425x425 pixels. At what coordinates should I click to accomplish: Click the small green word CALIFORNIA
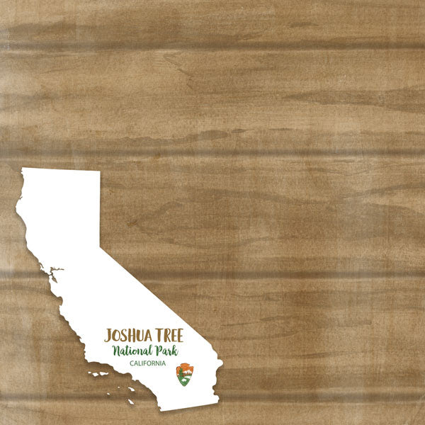click(x=148, y=363)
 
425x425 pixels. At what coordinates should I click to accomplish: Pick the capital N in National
click(x=118, y=351)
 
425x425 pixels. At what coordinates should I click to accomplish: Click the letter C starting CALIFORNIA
click(x=132, y=363)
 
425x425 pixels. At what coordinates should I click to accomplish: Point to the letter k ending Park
click(x=175, y=350)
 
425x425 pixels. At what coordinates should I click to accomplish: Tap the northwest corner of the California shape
click(x=23, y=169)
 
